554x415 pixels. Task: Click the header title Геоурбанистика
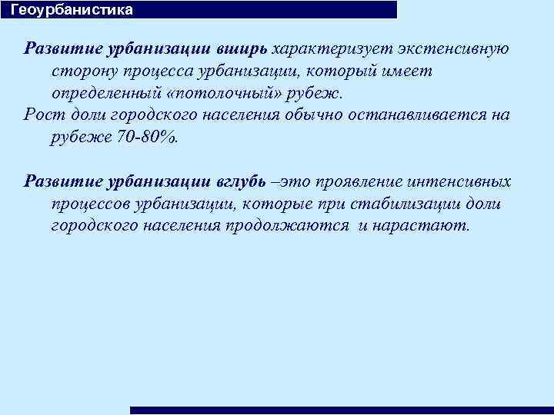point(72,10)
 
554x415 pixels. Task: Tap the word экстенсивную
point(454,48)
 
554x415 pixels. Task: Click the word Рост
point(41,115)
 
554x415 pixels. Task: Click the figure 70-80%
point(155,138)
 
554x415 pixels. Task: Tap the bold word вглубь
point(240,182)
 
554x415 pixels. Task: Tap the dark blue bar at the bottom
point(342,410)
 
